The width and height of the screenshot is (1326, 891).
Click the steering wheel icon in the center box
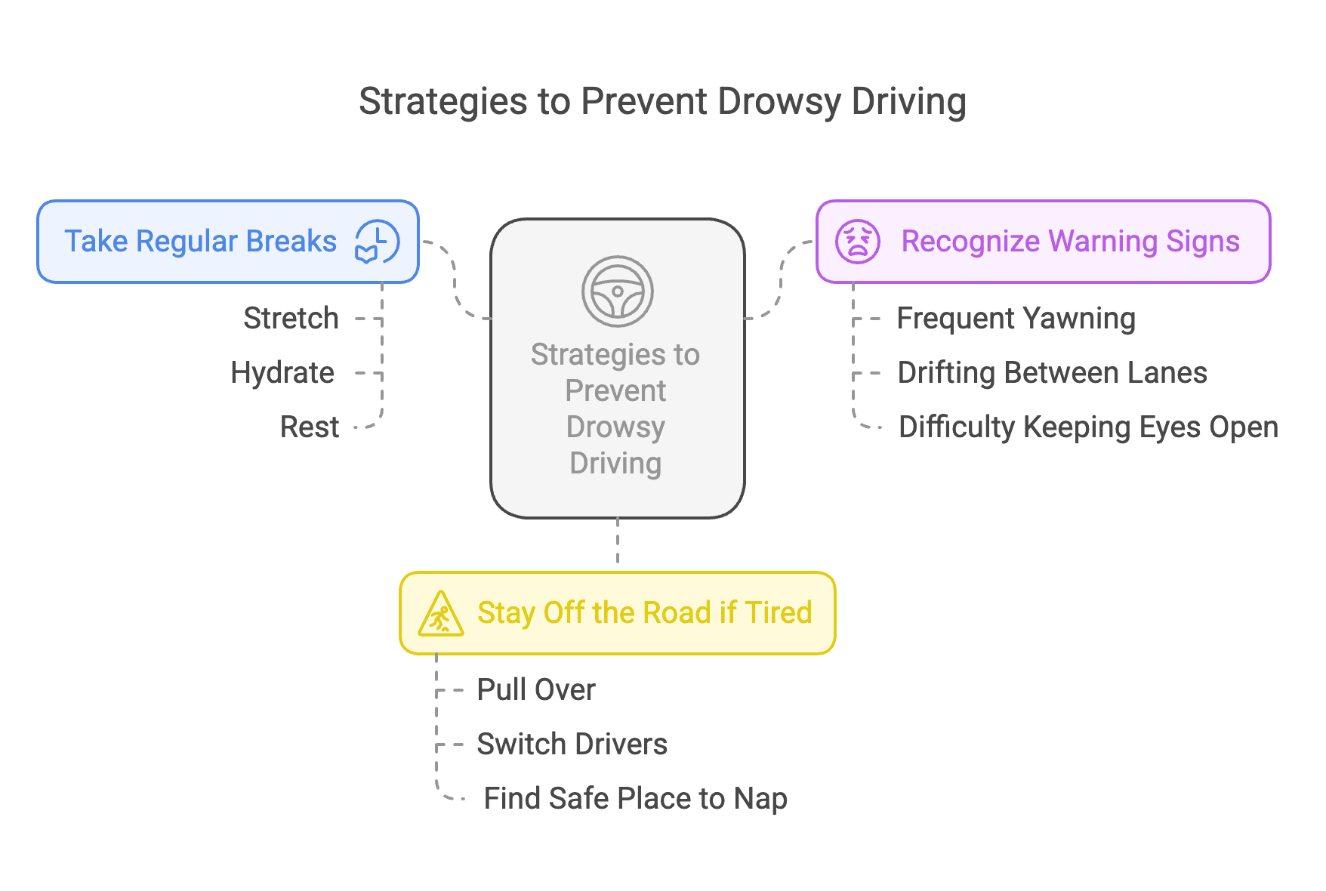click(617, 291)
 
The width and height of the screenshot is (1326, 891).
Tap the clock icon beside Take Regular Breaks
click(378, 242)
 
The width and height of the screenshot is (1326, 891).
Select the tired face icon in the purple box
click(857, 242)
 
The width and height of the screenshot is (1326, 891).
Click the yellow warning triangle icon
click(441, 613)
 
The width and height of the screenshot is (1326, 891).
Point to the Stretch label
click(291, 319)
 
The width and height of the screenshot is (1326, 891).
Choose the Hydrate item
click(282, 373)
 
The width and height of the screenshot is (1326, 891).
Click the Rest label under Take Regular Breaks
click(310, 427)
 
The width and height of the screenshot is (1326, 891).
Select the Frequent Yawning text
click(1016, 319)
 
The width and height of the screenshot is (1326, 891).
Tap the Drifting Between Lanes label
click(1052, 373)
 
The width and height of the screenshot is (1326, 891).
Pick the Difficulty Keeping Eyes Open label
click(1088, 427)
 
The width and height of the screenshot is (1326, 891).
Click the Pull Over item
click(536, 690)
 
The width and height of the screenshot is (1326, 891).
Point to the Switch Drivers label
click(572, 745)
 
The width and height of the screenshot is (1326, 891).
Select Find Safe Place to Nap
click(635, 799)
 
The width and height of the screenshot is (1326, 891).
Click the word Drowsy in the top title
click(779, 102)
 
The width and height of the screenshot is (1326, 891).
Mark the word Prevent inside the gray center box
click(615, 391)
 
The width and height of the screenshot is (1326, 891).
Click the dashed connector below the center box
click(618, 541)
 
